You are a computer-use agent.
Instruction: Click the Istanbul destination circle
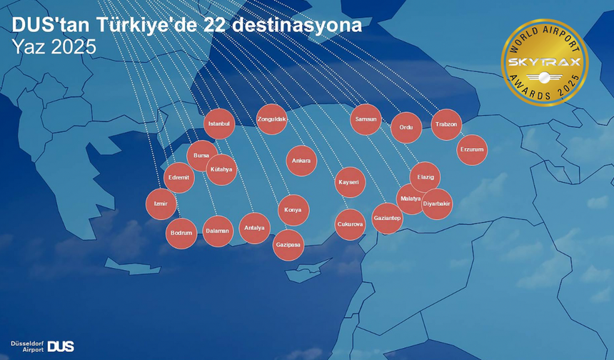[x=219, y=124]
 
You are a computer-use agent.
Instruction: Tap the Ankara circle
[x=301, y=161]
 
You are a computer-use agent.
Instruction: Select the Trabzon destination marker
[x=447, y=124]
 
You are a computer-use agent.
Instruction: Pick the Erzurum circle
[x=472, y=149]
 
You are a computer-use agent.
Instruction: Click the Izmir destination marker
[x=161, y=204]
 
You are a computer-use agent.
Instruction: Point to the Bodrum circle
[x=181, y=233]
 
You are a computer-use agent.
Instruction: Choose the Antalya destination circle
[x=254, y=229]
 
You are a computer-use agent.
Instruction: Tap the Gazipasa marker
[x=288, y=245]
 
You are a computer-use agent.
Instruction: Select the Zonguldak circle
[x=272, y=119]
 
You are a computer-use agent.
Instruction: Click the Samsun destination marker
[x=366, y=119]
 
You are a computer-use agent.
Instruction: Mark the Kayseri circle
[x=351, y=182]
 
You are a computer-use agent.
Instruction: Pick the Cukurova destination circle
[x=350, y=224]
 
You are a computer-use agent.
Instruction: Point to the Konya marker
[x=293, y=210]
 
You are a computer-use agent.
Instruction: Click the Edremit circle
[x=178, y=178]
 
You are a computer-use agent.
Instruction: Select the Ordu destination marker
[x=406, y=127]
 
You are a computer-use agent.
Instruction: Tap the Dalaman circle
[x=218, y=231]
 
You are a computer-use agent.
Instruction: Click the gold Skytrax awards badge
[x=545, y=63]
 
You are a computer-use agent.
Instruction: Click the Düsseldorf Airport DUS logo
[x=42, y=346]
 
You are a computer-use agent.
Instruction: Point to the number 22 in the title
[x=215, y=26]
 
